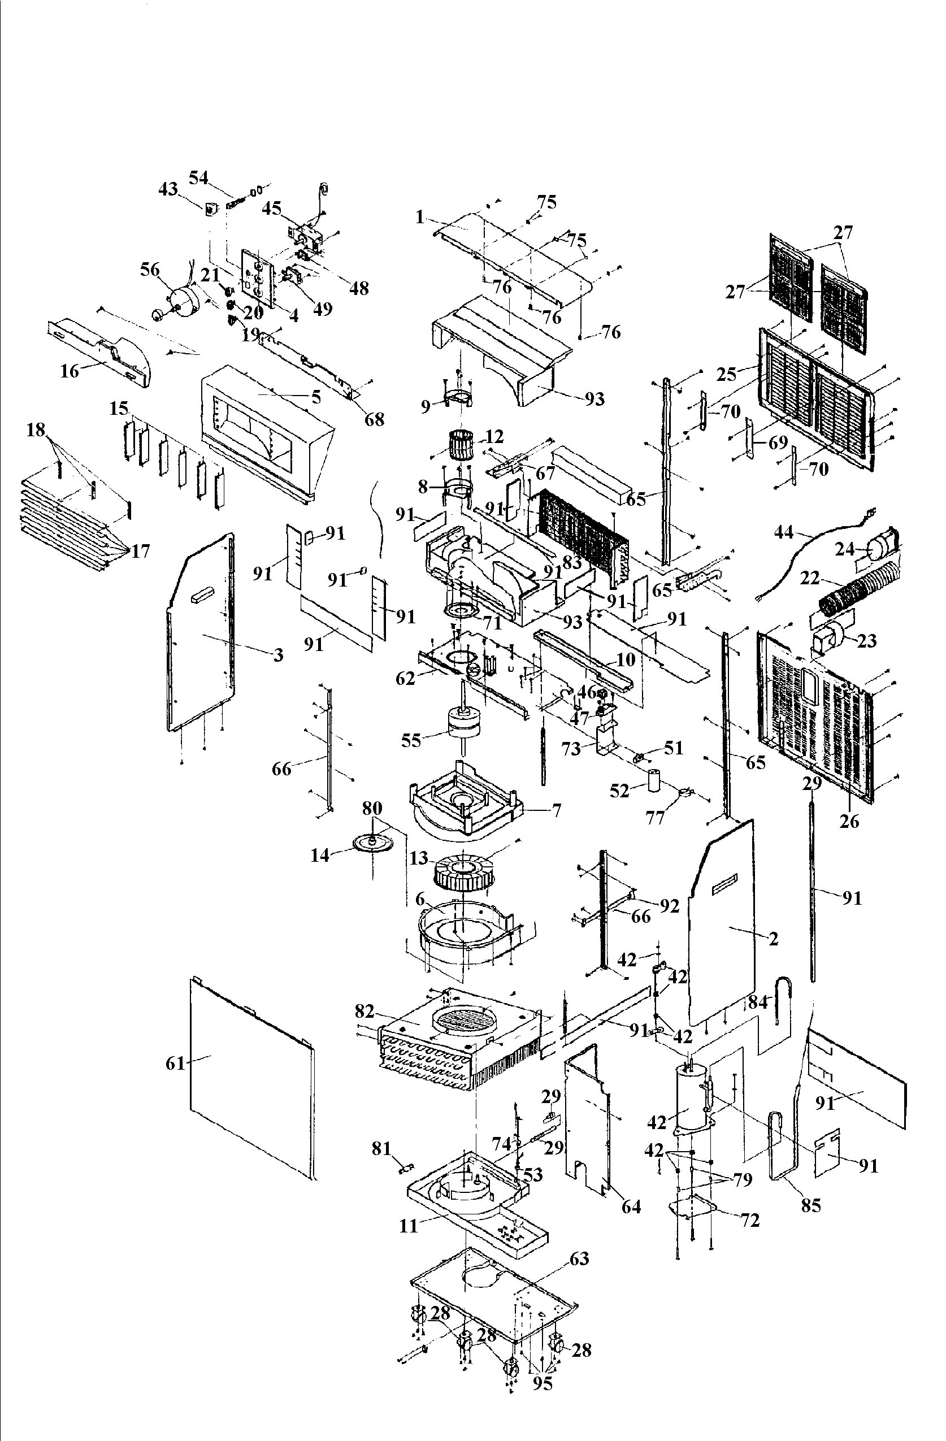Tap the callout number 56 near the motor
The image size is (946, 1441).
150,270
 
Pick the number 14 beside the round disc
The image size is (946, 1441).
320,855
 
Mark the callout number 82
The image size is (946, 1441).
364,1011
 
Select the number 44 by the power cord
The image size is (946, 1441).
784,532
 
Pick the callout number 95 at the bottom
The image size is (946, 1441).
543,1383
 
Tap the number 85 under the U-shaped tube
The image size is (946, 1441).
811,1205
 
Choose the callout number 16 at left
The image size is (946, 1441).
70,371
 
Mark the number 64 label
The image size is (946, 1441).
631,1206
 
